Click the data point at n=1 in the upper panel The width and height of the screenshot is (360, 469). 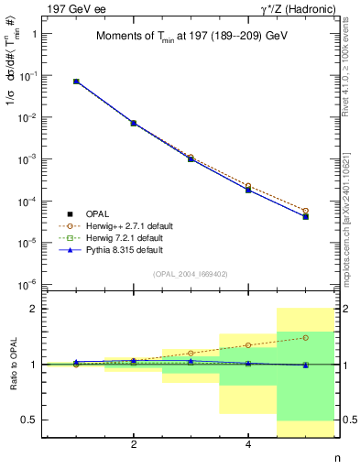[x=76, y=82]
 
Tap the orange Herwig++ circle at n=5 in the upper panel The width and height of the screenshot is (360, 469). [x=306, y=211]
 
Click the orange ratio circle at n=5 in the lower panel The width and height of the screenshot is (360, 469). [x=306, y=337]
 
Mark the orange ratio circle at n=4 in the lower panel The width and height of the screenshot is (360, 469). [x=248, y=345]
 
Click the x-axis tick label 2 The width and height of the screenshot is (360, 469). [x=134, y=444]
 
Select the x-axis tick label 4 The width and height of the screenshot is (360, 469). [x=248, y=444]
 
